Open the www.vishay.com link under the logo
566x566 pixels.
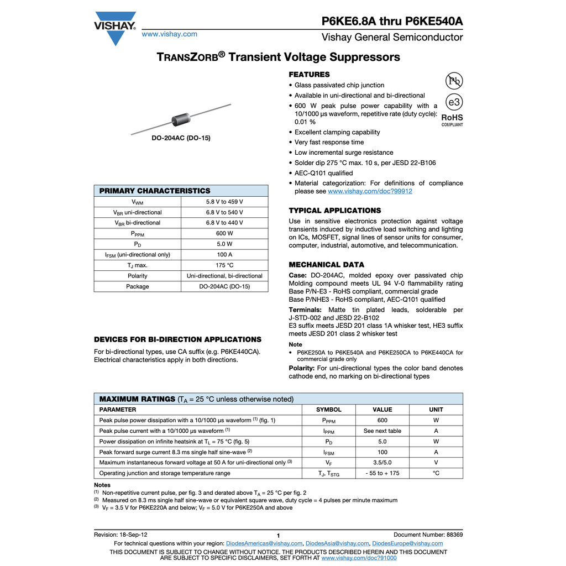pos(170,34)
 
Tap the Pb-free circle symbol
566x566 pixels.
pos(454,81)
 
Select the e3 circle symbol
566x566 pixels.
pos(454,103)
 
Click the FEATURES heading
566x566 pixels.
pos(309,75)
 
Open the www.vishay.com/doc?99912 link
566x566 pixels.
pos(370,191)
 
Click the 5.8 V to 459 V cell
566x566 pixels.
pos(224,202)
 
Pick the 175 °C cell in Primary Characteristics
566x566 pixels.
pos(224,265)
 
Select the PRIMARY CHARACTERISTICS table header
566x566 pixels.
pos(155,191)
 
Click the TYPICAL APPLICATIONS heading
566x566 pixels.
pos(335,211)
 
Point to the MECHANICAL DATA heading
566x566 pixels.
pos(327,265)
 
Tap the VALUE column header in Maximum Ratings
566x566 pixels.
pos(382,410)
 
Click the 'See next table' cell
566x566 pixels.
pos(382,431)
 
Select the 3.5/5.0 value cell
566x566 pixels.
pos(382,463)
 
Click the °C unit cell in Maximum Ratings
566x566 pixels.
pos(436,473)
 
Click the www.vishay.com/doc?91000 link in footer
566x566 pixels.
pos(359,558)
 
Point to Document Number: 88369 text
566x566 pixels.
pos(428,534)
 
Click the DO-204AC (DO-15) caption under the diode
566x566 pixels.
pos(181,138)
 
